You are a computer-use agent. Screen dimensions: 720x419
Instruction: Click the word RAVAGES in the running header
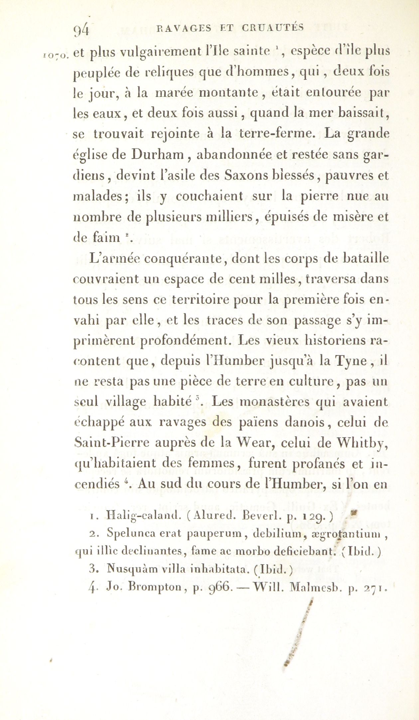pos(184,28)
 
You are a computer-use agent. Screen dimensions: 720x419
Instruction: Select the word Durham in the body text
pos(158,155)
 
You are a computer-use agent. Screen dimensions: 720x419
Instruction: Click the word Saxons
pos(245,175)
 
